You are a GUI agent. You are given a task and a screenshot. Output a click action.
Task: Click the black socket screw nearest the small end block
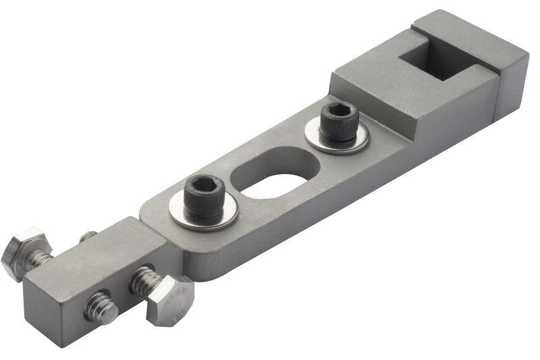tap(203, 197)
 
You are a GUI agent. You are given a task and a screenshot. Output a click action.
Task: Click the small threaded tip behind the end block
tap(88, 236)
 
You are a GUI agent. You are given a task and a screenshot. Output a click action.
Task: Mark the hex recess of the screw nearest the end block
tap(204, 184)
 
